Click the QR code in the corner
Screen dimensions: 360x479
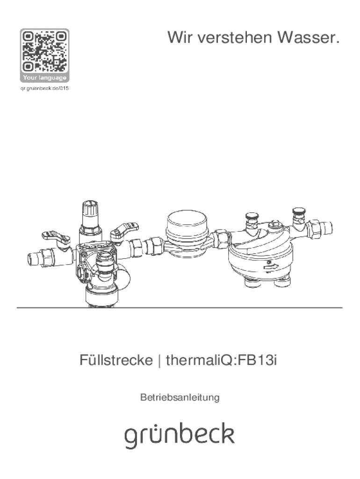tap(44, 51)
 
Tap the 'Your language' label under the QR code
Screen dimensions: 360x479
tap(44, 78)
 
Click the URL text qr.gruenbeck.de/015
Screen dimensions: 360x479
tap(44, 88)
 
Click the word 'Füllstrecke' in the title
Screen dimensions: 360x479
tap(116, 360)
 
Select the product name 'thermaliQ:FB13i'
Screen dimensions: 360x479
tap(221, 360)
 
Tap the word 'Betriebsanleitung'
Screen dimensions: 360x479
tap(180, 397)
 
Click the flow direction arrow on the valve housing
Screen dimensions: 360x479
tap(271, 266)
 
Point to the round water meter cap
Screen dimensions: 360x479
tap(186, 221)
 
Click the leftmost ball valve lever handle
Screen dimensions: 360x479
tap(56, 237)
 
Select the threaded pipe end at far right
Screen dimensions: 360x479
tap(327, 228)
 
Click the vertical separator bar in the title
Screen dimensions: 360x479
tap(159, 360)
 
